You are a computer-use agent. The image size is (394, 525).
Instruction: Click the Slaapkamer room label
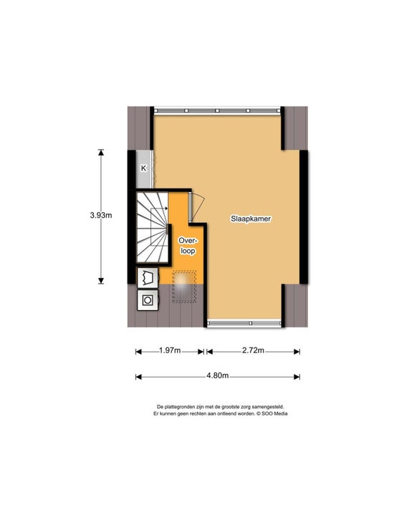tap(251, 218)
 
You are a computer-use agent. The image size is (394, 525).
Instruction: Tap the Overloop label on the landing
tap(188, 246)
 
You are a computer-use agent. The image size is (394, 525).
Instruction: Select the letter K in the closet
tap(143, 168)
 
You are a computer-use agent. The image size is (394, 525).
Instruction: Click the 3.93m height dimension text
tap(101, 216)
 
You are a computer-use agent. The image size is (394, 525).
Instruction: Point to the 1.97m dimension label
tap(170, 350)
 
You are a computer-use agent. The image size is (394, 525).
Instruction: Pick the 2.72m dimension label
tap(253, 350)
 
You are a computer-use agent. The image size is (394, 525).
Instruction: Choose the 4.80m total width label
tap(218, 376)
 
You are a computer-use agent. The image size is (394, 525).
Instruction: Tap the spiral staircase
tap(153, 226)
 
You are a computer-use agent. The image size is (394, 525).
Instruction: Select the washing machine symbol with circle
tap(148, 300)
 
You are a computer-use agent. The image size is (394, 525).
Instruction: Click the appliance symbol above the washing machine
tap(148, 278)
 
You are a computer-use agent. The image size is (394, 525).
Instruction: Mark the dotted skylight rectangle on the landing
tap(184, 286)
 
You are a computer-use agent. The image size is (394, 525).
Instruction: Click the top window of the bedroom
tap(217, 110)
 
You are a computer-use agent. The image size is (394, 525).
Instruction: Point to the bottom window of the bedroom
tap(244, 323)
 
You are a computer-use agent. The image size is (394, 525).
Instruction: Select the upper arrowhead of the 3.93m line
tap(101, 153)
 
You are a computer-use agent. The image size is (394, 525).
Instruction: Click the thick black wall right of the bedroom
tap(304, 217)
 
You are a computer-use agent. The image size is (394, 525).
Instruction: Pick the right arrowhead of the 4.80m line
tap(297, 377)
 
